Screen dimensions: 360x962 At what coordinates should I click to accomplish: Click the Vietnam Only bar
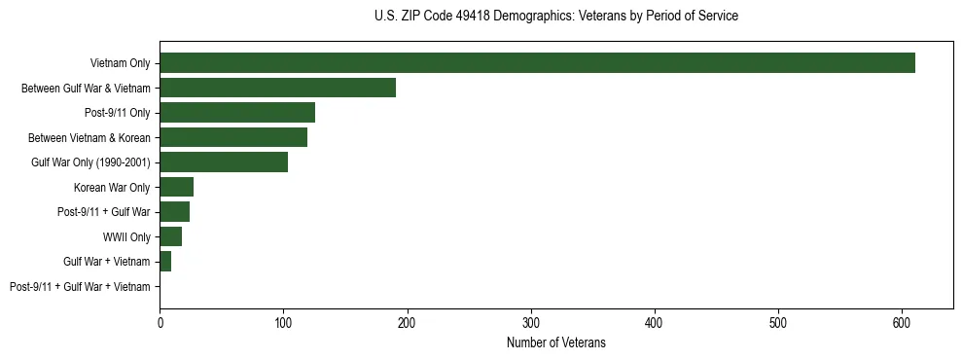[x=537, y=63]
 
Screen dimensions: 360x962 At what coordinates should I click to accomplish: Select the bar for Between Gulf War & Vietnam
[x=277, y=88]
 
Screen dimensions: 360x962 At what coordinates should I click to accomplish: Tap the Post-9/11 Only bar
[x=237, y=113]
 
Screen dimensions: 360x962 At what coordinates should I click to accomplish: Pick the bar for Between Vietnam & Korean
[x=233, y=137]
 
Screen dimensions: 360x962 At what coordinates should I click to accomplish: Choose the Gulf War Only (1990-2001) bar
[x=224, y=162]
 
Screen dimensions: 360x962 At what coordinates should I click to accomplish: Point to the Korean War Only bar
[x=176, y=187]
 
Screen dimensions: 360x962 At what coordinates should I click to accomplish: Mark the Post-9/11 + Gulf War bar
[x=174, y=212]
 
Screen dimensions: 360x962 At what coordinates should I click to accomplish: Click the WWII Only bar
[x=170, y=236]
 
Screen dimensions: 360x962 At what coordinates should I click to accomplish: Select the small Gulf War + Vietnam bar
[x=165, y=262]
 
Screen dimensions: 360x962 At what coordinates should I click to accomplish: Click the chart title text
[x=555, y=17]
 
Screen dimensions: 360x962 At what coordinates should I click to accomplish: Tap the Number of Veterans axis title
[x=555, y=342]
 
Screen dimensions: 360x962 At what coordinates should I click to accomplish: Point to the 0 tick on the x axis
[x=160, y=321]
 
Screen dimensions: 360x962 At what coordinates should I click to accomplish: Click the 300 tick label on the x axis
[x=531, y=321]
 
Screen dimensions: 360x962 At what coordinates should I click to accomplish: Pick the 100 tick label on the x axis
[x=283, y=321]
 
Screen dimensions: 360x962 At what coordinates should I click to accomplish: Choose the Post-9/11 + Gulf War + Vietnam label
[x=80, y=286]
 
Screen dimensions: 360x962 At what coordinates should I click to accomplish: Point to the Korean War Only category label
[x=112, y=187]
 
